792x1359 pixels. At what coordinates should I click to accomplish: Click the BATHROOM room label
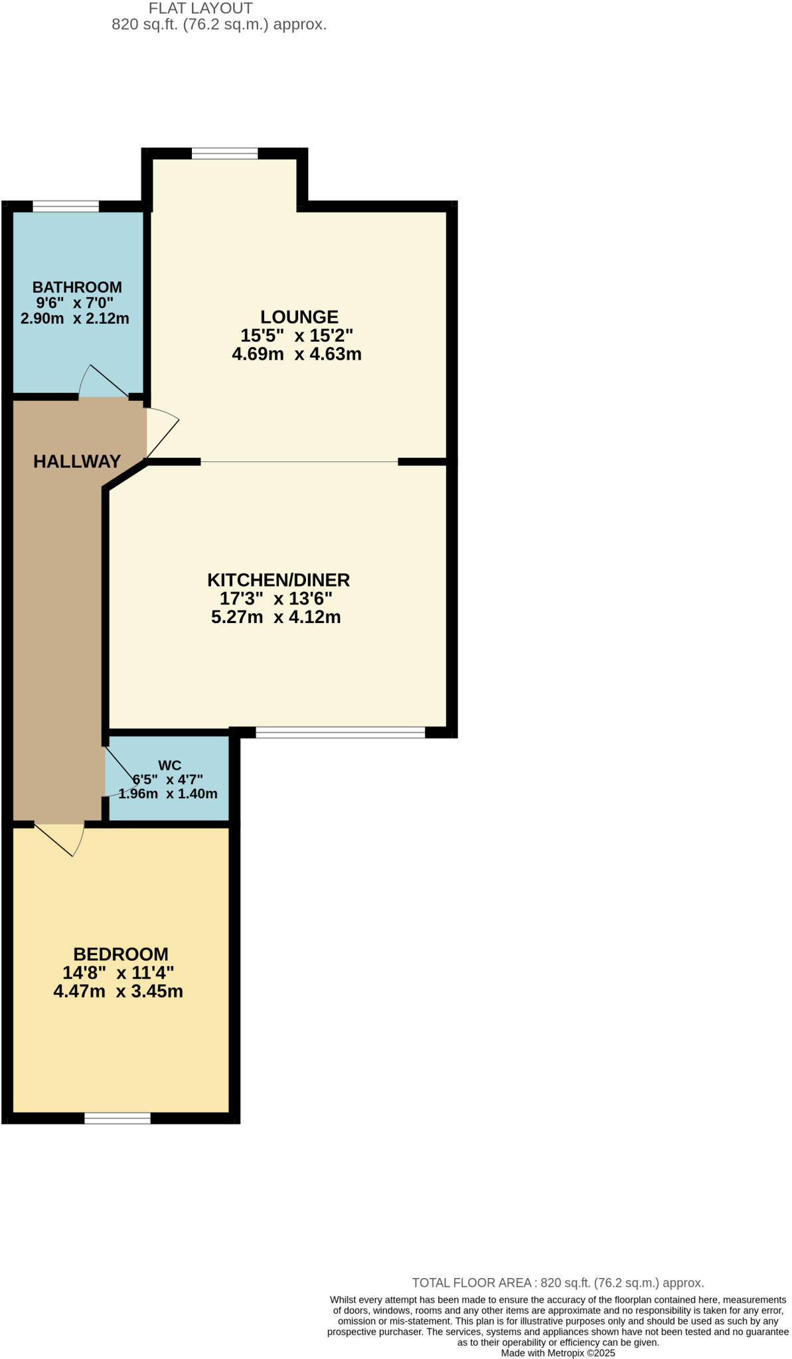point(77,287)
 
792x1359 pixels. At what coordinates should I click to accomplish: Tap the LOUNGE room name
point(299,317)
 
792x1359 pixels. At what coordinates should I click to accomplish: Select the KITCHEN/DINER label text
point(278,580)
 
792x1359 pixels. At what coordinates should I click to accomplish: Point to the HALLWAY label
point(77,461)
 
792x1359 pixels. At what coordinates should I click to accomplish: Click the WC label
point(169,765)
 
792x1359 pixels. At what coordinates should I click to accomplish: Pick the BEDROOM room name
point(121,954)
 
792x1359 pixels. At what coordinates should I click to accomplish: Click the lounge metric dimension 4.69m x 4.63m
point(297,354)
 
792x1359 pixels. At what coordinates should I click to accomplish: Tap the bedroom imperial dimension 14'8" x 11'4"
point(118,973)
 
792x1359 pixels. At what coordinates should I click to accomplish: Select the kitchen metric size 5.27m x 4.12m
point(276,617)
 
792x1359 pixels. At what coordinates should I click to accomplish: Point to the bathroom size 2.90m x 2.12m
point(75,319)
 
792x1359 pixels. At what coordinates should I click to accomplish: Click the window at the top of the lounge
point(224,154)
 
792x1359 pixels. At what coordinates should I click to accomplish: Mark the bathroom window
point(66,206)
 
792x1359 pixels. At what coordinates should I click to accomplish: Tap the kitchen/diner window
point(340,733)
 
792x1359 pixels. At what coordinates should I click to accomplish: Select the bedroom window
point(118,1118)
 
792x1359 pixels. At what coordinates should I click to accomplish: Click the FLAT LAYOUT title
point(200,9)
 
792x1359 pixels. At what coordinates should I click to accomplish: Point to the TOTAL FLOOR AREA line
point(558,1283)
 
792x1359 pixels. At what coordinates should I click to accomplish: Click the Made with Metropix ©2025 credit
point(558,1353)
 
